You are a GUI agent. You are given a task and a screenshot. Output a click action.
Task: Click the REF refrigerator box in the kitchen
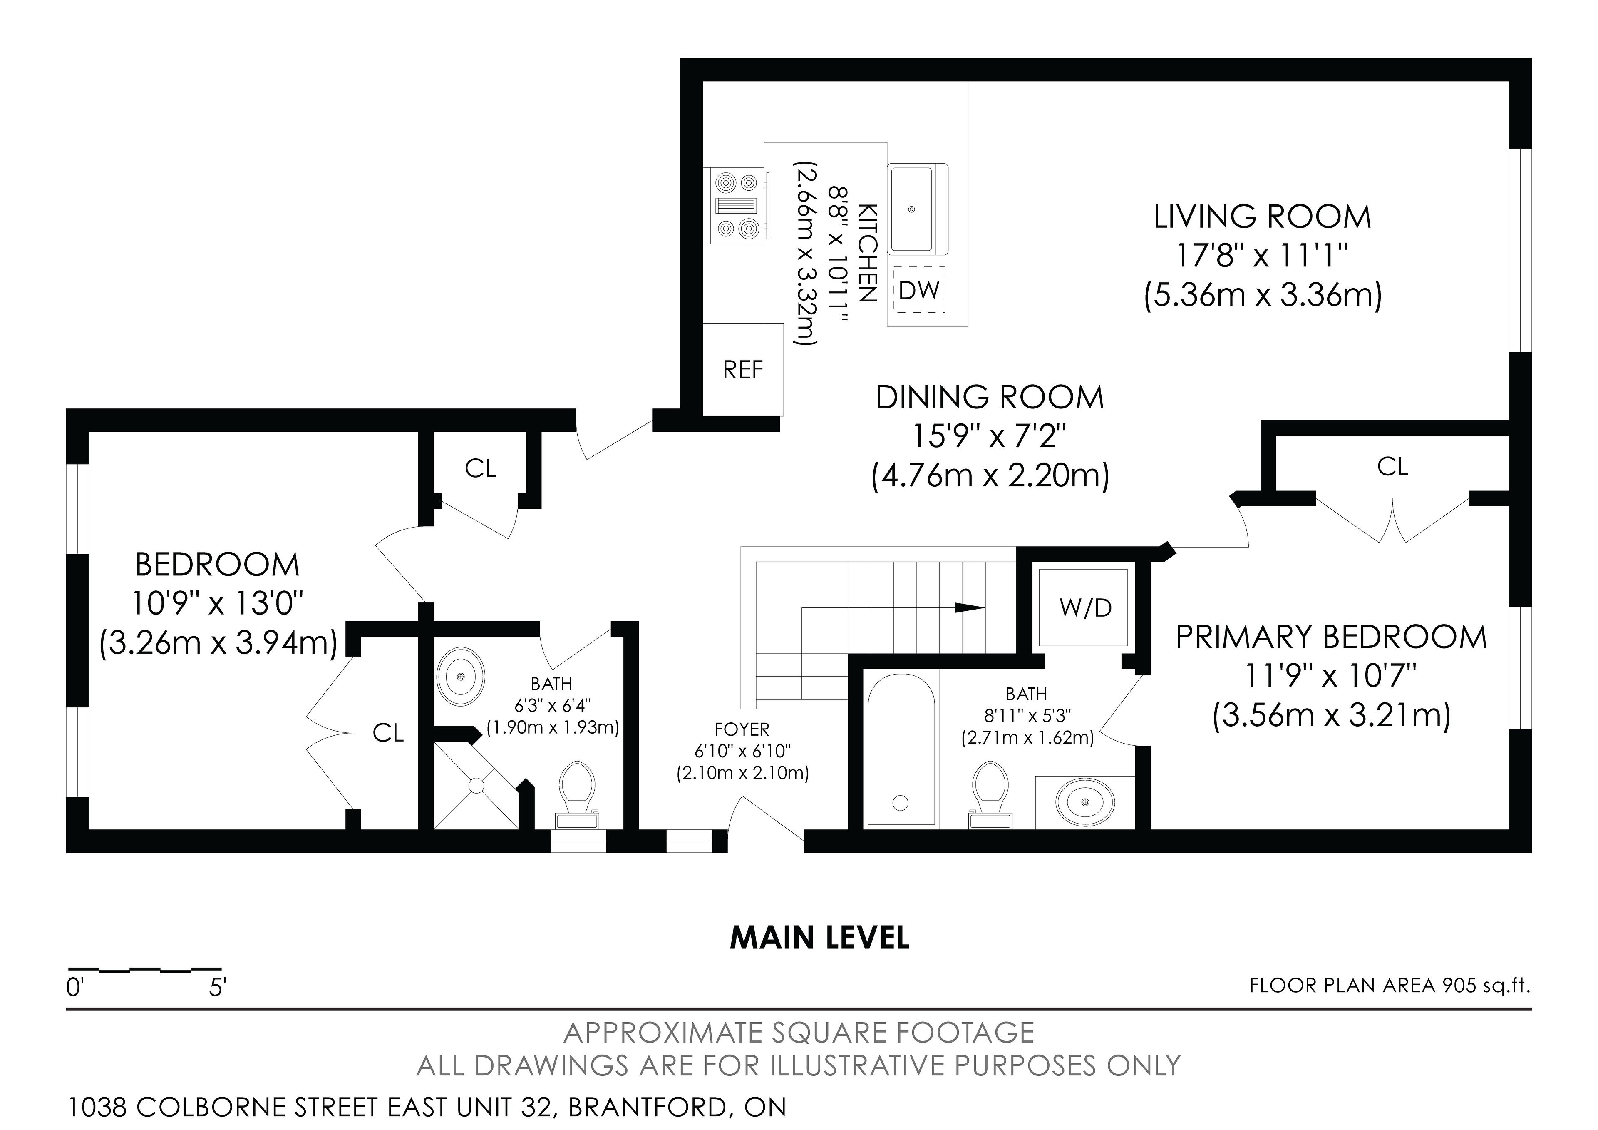point(743,370)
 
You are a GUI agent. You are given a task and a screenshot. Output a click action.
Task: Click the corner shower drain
point(476,785)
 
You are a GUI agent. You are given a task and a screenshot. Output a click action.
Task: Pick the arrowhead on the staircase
point(970,607)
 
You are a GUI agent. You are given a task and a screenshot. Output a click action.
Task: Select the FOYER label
point(742,729)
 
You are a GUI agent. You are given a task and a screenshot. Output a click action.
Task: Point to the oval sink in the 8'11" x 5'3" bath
point(1085,801)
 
